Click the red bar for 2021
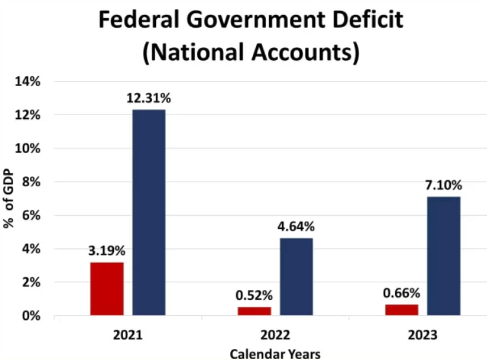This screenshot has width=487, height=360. click(x=107, y=288)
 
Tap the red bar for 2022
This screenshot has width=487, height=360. click(x=254, y=311)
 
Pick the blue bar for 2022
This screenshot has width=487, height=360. click(x=296, y=277)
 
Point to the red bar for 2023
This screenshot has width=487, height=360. click(x=401, y=310)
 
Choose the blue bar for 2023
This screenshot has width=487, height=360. click(x=444, y=256)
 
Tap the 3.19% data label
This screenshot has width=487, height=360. click(x=107, y=250)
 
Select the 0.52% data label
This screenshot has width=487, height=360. click(x=254, y=295)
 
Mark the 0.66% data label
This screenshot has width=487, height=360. click(x=401, y=293)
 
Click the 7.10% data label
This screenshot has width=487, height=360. click(x=444, y=185)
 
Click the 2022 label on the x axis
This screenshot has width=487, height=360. click(x=275, y=336)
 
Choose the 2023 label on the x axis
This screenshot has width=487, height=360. click(x=422, y=336)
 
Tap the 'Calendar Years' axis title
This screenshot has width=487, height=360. click(x=275, y=354)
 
